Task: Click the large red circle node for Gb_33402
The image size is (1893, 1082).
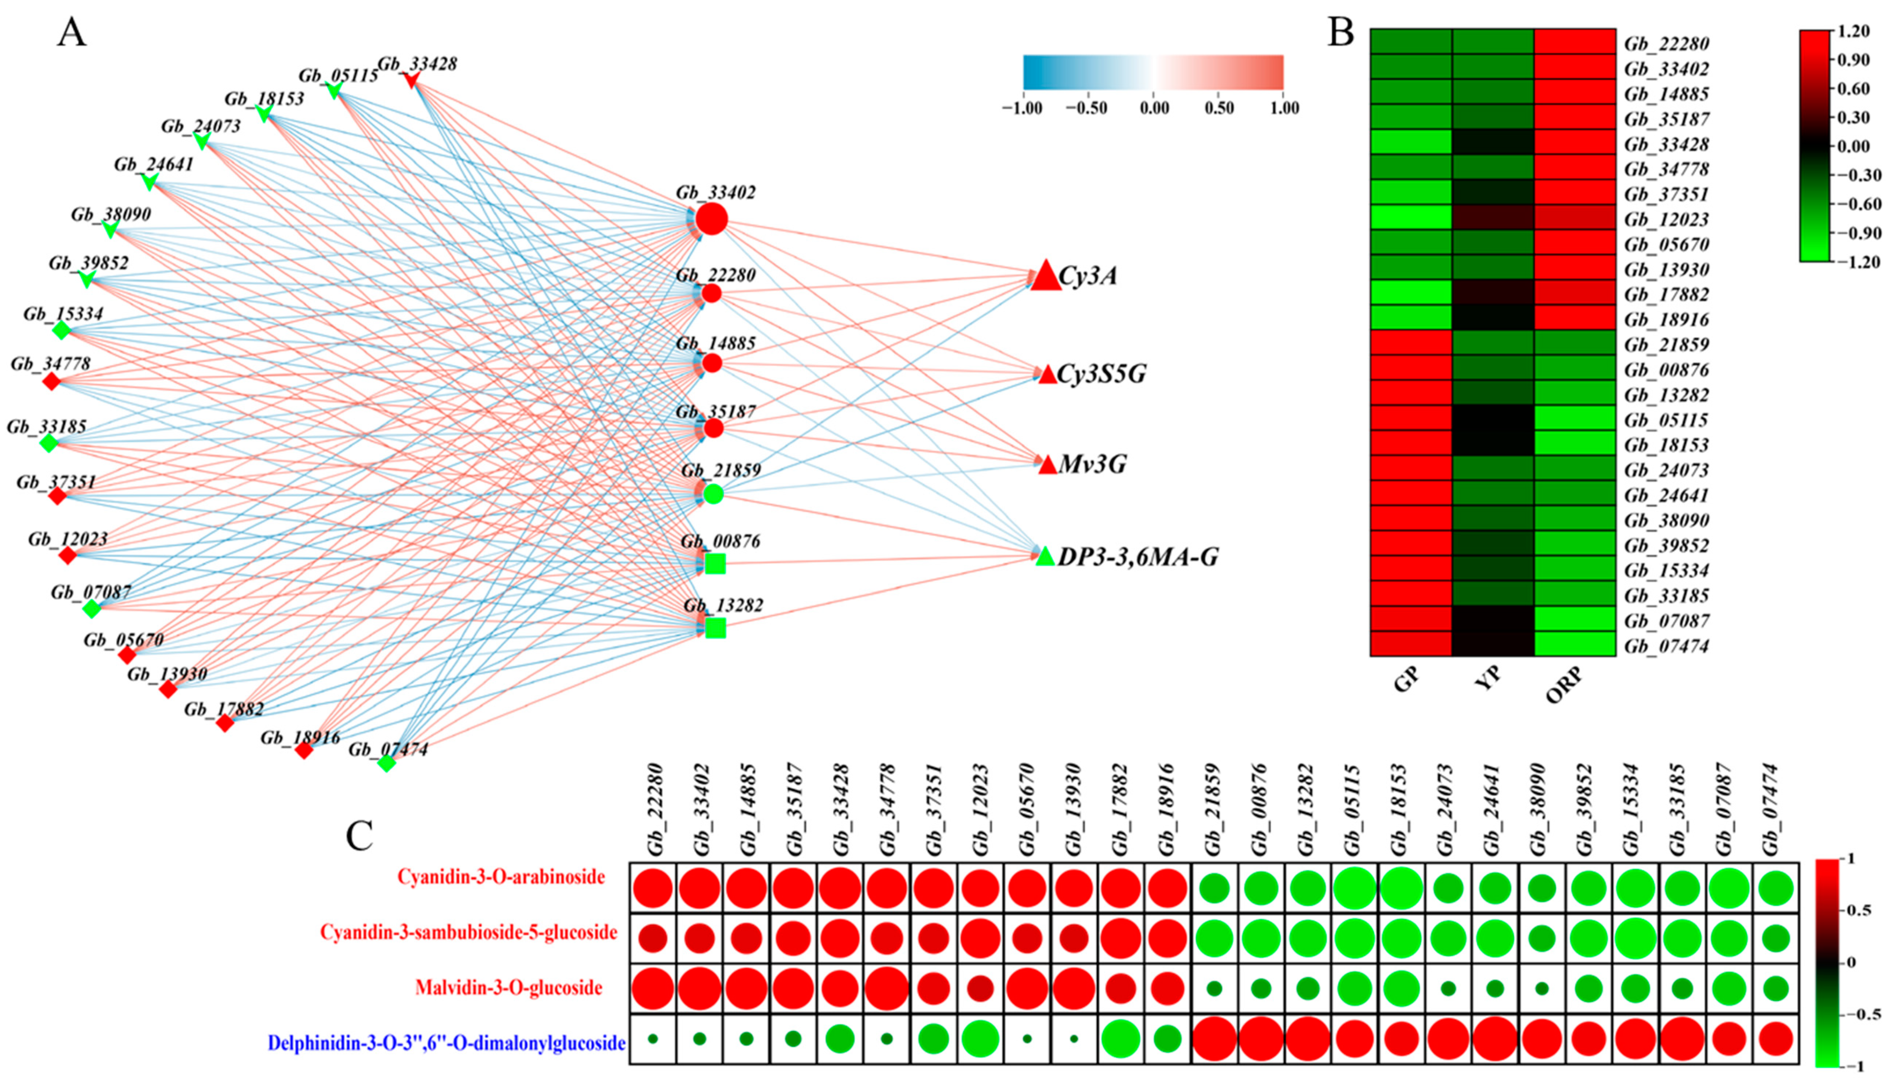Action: pos(711,219)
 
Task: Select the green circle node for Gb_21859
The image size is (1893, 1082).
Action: pos(712,493)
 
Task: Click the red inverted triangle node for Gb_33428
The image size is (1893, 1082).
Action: pos(412,80)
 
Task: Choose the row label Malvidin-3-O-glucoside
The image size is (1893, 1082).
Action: pos(508,988)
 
